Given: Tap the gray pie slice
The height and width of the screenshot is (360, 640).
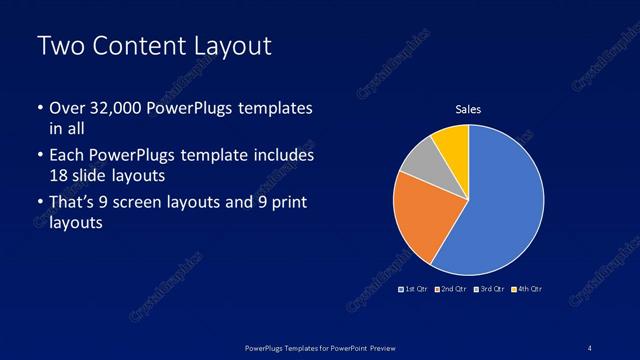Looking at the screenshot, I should click(421, 160).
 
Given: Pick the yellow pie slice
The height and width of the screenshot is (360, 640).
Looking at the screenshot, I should click(452, 140).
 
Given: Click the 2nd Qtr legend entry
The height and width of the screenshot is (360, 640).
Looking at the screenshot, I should click(451, 289).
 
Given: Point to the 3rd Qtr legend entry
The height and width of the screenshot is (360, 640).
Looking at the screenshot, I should click(489, 289).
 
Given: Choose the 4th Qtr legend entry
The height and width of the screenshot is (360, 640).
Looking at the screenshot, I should click(527, 289).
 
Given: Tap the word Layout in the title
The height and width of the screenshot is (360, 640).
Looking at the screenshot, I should click(225, 46).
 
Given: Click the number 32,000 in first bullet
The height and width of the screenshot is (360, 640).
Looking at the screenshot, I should click(113, 108).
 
